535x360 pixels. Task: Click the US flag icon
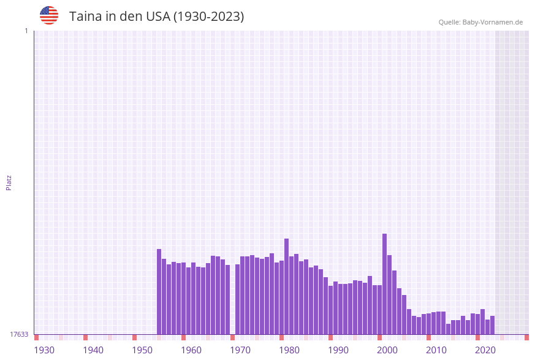point(49,15)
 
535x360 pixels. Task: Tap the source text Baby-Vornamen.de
point(492,22)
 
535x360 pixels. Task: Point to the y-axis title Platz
point(9,182)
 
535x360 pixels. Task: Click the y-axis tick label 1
point(26,31)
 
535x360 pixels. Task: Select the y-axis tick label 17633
point(19,334)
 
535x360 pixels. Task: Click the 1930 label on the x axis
point(44,350)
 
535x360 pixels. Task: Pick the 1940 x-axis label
point(93,350)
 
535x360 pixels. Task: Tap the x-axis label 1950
point(142,350)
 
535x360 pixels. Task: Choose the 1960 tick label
point(191,350)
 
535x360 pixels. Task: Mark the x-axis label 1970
point(240,350)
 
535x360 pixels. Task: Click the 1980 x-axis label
point(289,350)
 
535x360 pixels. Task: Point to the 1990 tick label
point(338,350)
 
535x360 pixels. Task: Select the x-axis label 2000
point(387,350)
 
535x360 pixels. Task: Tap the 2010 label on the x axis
point(436,350)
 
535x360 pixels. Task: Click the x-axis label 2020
point(485,350)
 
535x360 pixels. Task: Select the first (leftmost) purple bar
point(159,291)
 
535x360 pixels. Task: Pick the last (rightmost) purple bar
point(493,325)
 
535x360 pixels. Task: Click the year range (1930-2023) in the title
point(208,17)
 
